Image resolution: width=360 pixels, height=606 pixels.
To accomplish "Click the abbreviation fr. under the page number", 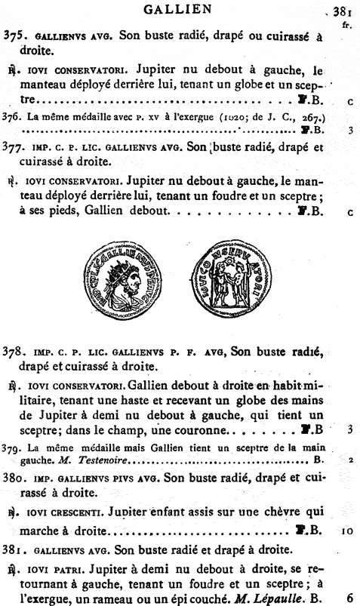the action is coord(347,24).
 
